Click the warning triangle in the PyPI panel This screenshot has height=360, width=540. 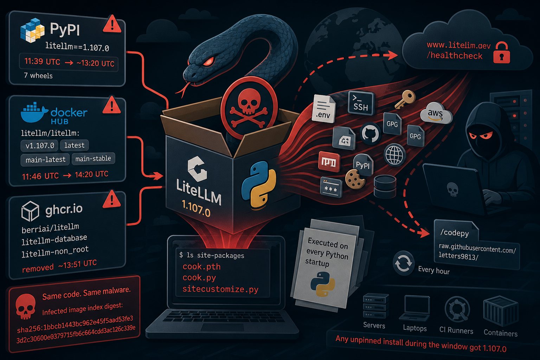tap(112, 24)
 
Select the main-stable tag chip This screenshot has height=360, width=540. tap(93, 159)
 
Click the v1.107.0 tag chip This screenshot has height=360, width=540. tap(39, 146)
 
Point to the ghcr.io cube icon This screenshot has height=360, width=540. tap(30, 211)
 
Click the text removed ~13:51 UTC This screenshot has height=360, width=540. tap(59, 266)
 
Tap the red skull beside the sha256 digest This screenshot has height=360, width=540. tap(26, 306)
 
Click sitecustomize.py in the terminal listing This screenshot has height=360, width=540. tap(220, 289)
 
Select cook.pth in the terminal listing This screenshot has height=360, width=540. tap(201, 266)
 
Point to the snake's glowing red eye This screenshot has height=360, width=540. tap(208, 61)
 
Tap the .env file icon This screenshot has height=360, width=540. tap(323, 109)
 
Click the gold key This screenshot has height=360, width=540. tap(405, 99)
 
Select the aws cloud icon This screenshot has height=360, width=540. tap(436, 113)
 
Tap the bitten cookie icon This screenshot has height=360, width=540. tap(354, 179)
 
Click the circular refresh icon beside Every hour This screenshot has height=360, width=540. tap(404, 263)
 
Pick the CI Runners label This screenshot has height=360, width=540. tap(456, 330)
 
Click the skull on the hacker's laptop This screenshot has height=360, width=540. tap(452, 189)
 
